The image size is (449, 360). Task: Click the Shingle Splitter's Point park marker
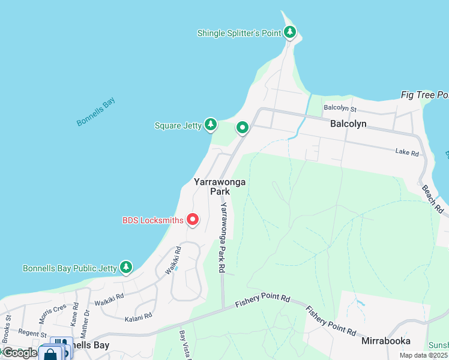click(290, 32)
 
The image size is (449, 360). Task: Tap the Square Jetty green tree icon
click(210, 125)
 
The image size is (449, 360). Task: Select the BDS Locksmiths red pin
click(193, 220)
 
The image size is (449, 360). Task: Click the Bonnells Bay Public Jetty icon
click(125, 267)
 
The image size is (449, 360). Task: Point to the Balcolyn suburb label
click(348, 124)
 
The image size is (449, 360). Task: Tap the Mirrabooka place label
click(386, 340)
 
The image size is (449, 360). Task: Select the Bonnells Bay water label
click(95, 112)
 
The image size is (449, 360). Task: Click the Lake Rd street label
click(407, 153)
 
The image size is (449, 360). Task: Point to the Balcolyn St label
click(340, 109)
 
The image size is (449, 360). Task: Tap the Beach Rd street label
click(432, 199)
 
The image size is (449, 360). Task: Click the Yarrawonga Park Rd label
click(221, 238)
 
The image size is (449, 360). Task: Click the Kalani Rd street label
click(139, 315)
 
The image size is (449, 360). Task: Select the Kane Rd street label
click(75, 313)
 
